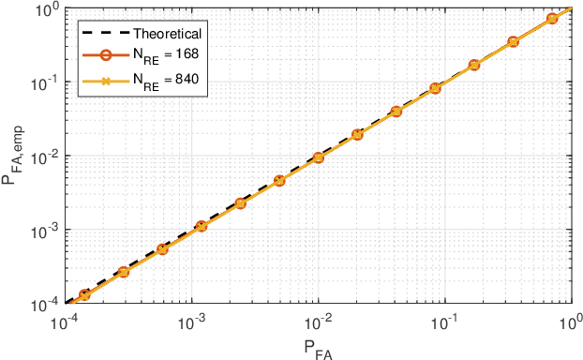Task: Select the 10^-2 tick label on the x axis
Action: [x=319, y=320]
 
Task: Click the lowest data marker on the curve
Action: [x=84, y=294]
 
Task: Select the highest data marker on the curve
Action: [x=552, y=19]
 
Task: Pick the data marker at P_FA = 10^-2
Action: [x=319, y=157]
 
